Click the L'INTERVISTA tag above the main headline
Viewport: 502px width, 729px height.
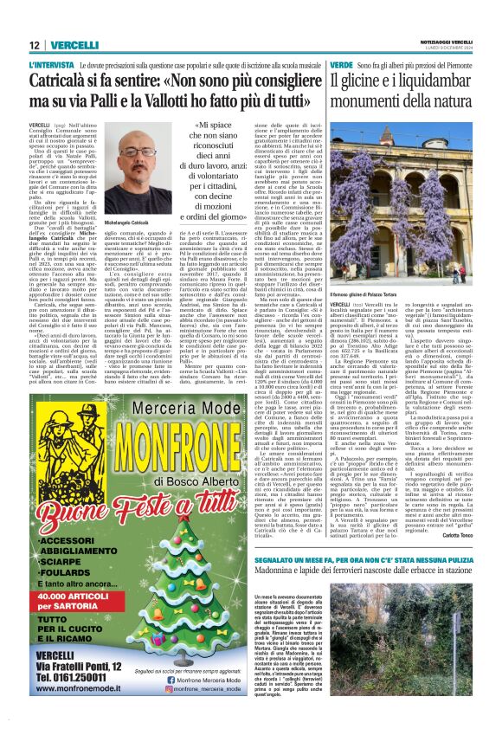coord(51,66)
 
